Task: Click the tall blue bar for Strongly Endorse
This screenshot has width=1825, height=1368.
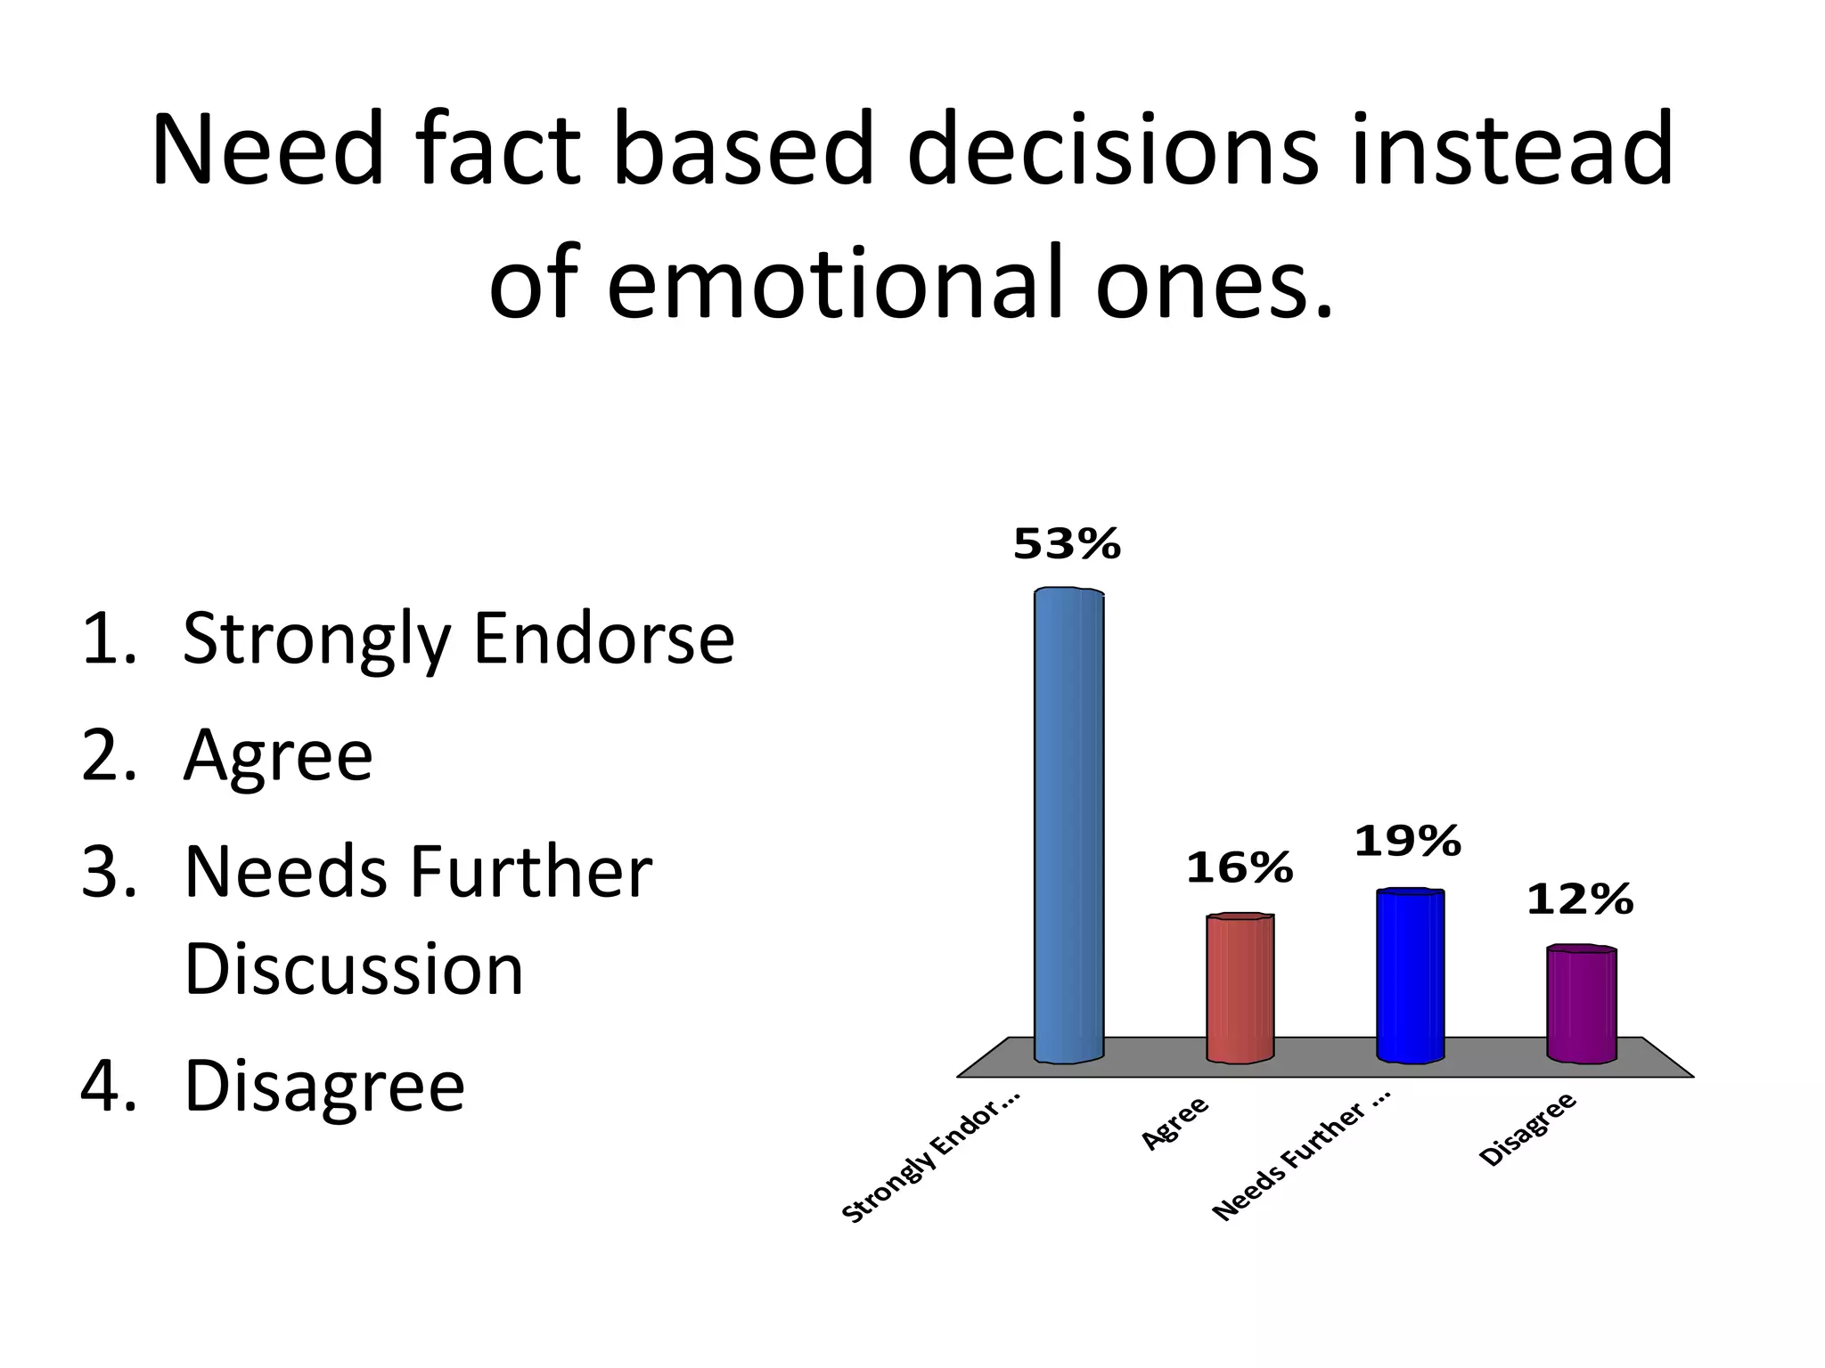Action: point(1068,825)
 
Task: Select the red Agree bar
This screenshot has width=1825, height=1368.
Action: point(1240,988)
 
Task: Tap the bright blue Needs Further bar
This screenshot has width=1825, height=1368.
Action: point(1410,975)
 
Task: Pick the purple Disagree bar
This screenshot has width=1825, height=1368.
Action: point(1581,1005)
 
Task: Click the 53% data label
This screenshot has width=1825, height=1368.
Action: point(1067,544)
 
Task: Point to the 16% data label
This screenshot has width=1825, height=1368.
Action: point(1239,868)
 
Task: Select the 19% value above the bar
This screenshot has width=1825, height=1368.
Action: point(1407,842)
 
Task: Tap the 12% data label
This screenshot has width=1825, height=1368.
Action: point(1579,900)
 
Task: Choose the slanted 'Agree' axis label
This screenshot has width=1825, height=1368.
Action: point(1174,1122)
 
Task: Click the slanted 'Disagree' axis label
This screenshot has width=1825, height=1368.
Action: point(1527,1128)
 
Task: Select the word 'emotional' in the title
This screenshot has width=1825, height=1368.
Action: point(836,283)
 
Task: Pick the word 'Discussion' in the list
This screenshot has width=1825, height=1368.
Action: point(354,969)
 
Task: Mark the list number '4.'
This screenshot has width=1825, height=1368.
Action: point(109,1086)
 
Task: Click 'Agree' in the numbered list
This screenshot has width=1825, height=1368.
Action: point(278,756)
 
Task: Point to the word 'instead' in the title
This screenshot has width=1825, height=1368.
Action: point(1512,151)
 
